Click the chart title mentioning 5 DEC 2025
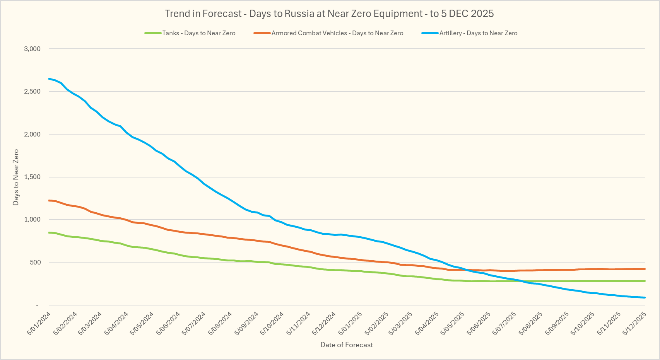point(329,14)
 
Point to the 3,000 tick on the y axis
point(32,49)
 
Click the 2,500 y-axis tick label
point(32,92)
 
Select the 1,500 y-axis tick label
point(32,177)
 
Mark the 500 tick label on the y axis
point(35,262)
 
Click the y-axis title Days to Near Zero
point(16,177)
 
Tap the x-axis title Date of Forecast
point(347,345)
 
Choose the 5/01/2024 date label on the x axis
point(39,324)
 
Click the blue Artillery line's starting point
point(49,79)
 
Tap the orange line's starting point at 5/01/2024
point(49,200)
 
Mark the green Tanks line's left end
point(49,232)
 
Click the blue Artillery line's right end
point(645,297)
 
